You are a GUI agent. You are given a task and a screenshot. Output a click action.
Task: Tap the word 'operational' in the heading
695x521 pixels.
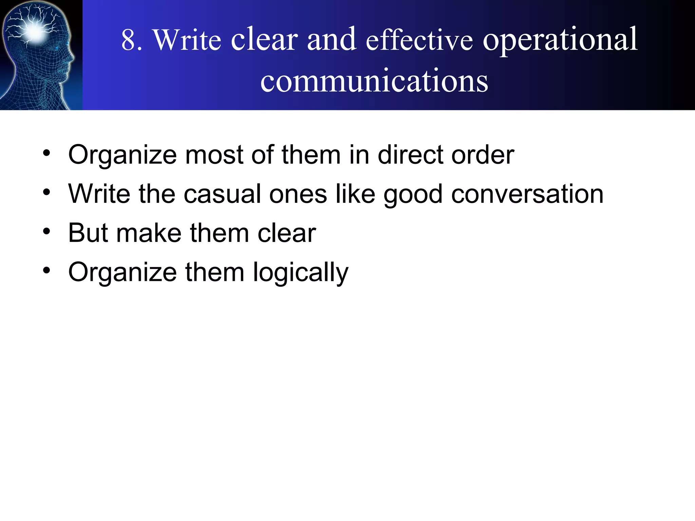pyautogui.click(x=560, y=40)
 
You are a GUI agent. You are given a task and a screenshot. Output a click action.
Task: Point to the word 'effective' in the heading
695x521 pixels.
pyautogui.click(x=419, y=40)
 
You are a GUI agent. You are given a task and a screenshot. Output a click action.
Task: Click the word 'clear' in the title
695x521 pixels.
pyautogui.click(x=264, y=40)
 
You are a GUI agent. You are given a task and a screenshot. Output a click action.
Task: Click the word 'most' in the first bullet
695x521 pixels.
pyautogui.click(x=214, y=155)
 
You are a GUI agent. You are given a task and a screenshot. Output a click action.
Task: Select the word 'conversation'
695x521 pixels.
pyautogui.click(x=527, y=194)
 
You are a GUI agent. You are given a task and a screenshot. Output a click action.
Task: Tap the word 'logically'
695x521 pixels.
pyautogui.click(x=301, y=273)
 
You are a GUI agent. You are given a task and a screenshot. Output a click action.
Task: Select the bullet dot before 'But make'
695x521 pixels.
pyautogui.click(x=46, y=232)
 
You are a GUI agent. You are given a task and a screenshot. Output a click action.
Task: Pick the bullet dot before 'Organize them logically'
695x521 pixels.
pyautogui.click(x=46, y=271)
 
